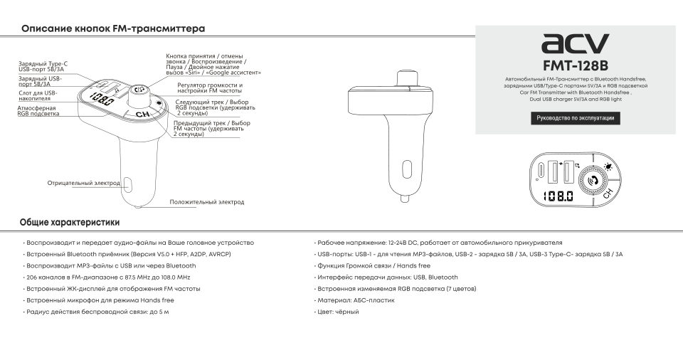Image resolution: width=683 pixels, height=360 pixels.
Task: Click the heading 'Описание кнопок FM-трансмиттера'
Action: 113,29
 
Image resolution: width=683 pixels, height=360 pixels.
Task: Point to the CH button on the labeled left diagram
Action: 142,114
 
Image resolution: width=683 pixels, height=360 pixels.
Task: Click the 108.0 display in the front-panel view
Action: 556,196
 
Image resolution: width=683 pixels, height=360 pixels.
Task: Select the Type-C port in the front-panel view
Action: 545,171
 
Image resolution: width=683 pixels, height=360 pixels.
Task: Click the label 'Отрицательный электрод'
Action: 84,183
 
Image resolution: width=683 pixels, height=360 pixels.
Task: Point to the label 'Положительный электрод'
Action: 206,202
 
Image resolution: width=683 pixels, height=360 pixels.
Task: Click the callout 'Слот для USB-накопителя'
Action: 36,95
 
